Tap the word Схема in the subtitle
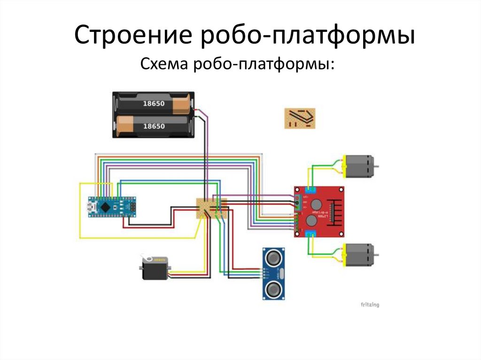point(164,64)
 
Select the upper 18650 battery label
point(154,103)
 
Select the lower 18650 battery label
point(154,126)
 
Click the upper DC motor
point(359,166)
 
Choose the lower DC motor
point(359,255)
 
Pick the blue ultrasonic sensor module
point(274,273)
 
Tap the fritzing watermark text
point(370,305)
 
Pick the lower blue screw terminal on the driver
point(310,233)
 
